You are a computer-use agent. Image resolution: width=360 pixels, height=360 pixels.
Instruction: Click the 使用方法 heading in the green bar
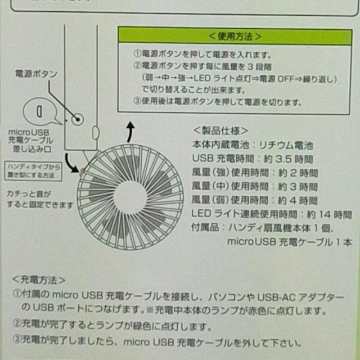pos(235,37)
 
